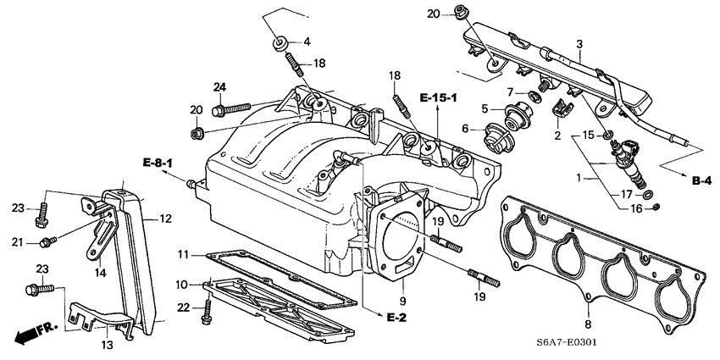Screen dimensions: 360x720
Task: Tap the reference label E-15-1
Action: pyautogui.click(x=437, y=99)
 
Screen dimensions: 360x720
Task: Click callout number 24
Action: pyautogui.click(x=219, y=86)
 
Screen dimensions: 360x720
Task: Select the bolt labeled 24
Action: pyautogui.click(x=230, y=108)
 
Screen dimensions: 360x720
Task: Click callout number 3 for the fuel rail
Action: pyautogui.click(x=579, y=43)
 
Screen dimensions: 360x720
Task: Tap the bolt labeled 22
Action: pyautogui.click(x=205, y=314)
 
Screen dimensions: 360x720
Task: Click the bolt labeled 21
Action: pyautogui.click(x=48, y=242)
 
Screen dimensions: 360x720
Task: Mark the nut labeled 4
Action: pyautogui.click(x=278, y=42)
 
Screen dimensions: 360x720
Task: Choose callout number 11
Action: pyautogui.click(x=182, y=255)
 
